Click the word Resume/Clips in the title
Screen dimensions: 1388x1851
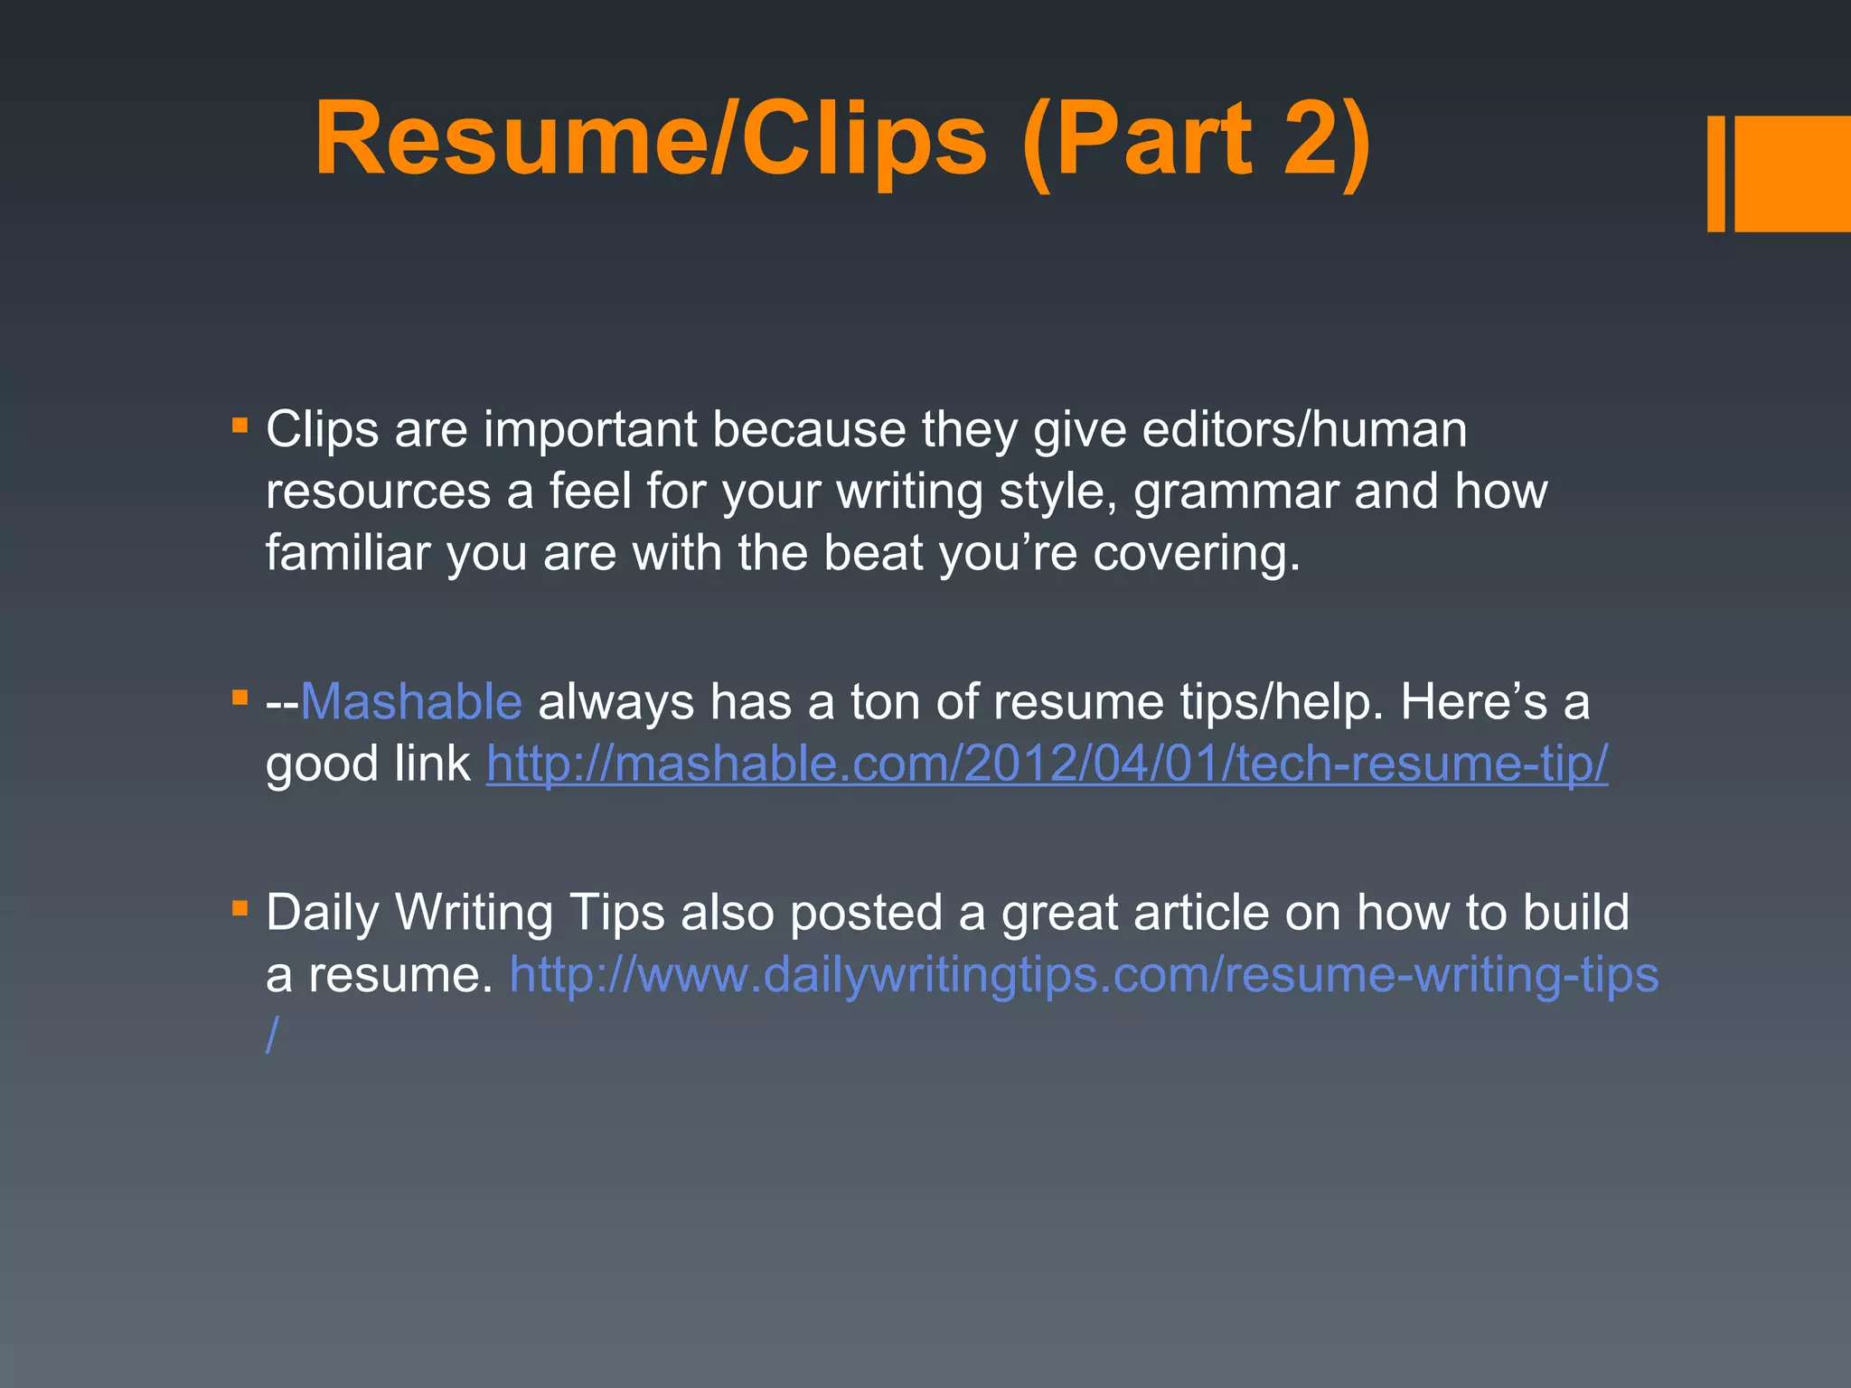(x=651, y=141)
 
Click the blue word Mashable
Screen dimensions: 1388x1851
(x=411, y=701)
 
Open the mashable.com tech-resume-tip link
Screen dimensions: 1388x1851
(x=1047, y=764)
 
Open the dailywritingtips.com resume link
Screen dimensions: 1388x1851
(x=1084, y=975)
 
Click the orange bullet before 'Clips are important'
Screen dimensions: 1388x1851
(x=240, y=425)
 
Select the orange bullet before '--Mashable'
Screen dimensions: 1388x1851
(x=240, y=698)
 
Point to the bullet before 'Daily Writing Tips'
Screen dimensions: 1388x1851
(x=240, y=908)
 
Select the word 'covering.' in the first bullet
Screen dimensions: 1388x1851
(x=1197, y=553)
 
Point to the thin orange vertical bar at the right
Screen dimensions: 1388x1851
(x=1715, y=173)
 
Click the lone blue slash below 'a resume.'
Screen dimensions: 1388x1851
(x=272, y=1035)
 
